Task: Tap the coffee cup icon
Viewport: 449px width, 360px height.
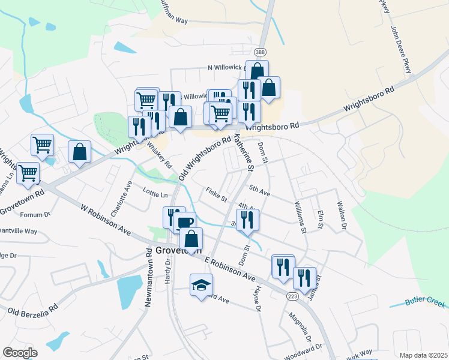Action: tap(185, 222)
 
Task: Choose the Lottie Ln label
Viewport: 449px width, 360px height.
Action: tap(155, 194)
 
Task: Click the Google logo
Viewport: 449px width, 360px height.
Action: tap(20, 352)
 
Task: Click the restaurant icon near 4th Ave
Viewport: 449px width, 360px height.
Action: tap(247, 220)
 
